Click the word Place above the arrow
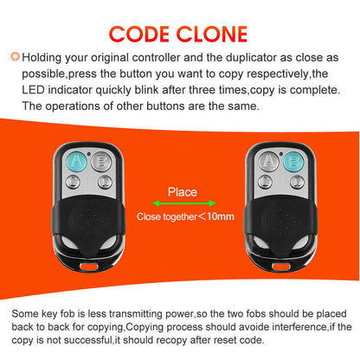click(x=182, y=192)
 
